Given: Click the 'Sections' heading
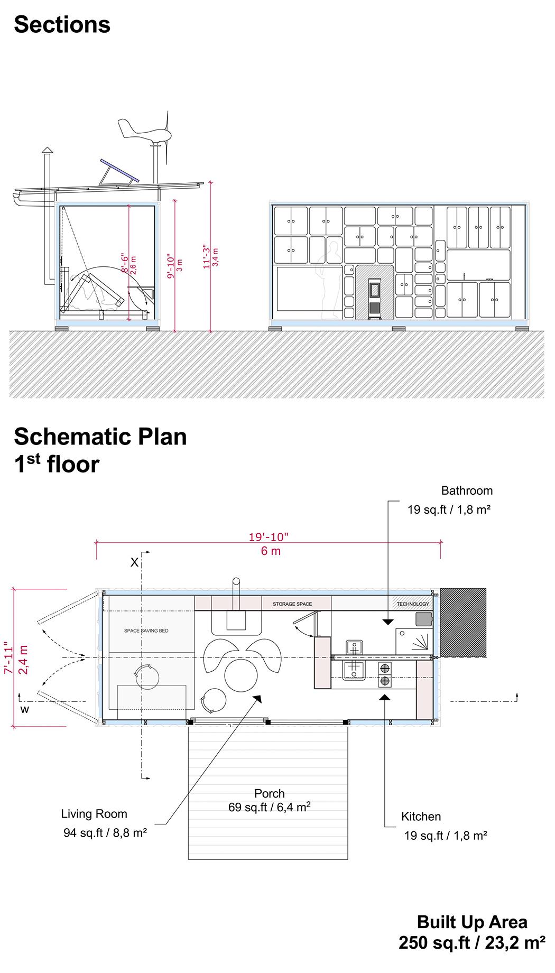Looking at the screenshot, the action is (x=62, y=25).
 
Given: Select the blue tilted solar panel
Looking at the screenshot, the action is (x=120, y=170).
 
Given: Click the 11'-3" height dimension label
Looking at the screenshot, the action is (x=207, y=256).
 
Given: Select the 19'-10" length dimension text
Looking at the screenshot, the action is (x=269, y=537).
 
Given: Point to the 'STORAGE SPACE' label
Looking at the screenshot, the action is (x=292, y=604).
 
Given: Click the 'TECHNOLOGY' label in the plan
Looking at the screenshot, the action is (x=413, y=604).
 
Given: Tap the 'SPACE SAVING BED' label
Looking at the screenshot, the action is (x=146, y=631).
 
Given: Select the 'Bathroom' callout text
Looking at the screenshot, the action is (x=467, y=490).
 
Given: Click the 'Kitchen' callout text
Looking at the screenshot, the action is (x=421, y=817).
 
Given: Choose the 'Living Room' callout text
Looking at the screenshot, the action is (x=94, y=814).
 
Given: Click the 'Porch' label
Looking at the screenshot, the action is (x=270, y=793).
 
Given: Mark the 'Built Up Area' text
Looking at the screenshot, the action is (x=472, y=922).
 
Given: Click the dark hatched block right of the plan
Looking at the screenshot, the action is (x=463, y=623).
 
